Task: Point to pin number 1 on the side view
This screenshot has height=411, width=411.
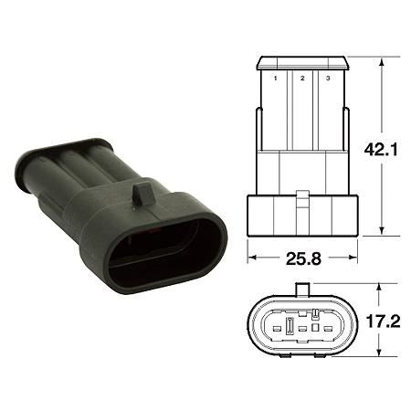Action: click(x=274, y=79)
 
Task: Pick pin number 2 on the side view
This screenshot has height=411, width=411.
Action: click(x=300, y=79)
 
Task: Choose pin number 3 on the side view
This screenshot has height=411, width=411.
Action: click(x=327, y=79)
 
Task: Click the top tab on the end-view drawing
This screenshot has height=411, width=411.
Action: click(x=300, y=290)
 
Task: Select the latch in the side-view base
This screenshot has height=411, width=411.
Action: click(x=300, y=196)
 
